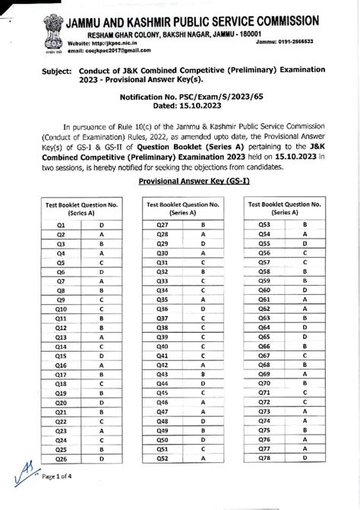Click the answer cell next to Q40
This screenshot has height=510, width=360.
204,347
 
